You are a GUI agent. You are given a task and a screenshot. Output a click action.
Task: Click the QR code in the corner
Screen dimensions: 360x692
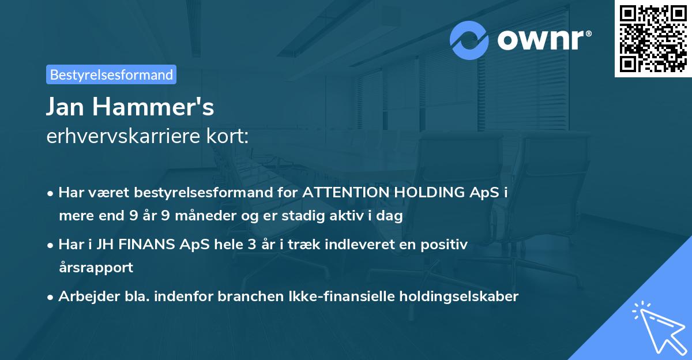(x=653, y=39)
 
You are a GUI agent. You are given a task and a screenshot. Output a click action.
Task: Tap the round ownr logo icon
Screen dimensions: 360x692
(x=469, y=40)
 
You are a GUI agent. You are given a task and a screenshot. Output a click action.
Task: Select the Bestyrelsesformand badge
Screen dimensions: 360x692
(x=111, y=74)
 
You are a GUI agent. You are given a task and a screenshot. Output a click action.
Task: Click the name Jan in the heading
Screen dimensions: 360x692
(x=68, y=107)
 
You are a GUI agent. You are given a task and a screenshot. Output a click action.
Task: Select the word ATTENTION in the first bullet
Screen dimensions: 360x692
(x=346, y=193)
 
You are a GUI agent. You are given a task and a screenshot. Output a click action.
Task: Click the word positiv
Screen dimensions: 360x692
(x=446, y=244)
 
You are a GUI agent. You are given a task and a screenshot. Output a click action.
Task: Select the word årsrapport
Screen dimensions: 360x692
(x=96, y=268)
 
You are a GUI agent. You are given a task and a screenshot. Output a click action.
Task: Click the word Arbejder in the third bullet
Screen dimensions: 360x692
(x=84, y=296)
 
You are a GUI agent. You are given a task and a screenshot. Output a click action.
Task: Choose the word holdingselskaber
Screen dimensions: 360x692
(x=453, y=296)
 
